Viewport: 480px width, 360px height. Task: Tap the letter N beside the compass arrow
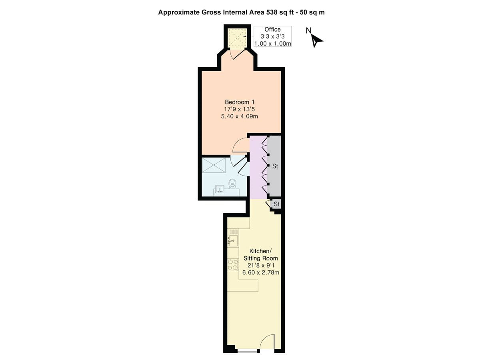308,30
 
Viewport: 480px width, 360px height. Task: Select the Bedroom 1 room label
240,102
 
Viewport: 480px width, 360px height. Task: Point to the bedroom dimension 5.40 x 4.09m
240,116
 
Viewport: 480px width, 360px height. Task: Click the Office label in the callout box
272,30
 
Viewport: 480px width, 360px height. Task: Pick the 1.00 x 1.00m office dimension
272,43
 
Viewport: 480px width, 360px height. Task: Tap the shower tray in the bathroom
214,165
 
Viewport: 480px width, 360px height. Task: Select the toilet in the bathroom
232,184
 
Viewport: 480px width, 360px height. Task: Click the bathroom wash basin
219,189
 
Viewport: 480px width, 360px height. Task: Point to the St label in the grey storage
275,166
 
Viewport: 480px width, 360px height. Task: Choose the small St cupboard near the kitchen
276,204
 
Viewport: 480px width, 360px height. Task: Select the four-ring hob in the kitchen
233,265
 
